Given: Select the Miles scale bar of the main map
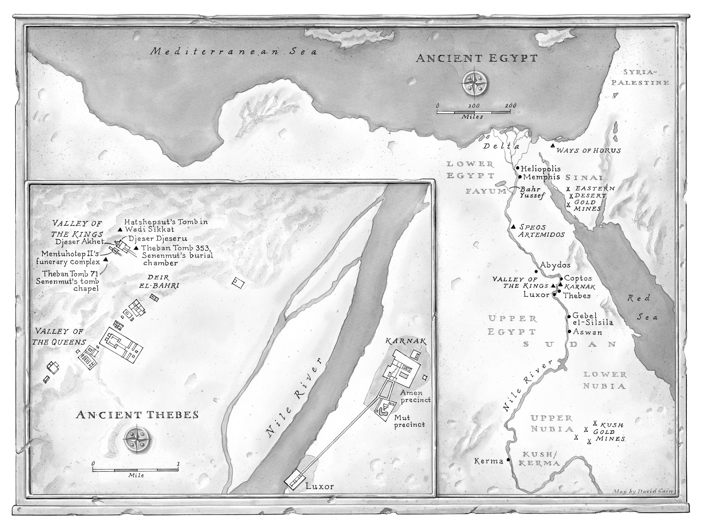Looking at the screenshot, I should tap(474, 112).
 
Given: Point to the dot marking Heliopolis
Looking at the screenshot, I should tap(517, 168).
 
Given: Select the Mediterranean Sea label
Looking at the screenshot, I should tap(234, 51).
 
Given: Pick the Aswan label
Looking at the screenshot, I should tap(587, 332).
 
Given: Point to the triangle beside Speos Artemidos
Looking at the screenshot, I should tap(514, 226).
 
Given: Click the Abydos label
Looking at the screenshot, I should tap(555, 265).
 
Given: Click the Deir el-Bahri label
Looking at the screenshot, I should tap(159, 281).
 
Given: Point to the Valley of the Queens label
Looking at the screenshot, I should tap(60, 337).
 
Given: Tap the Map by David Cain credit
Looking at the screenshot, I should tap(643, 491).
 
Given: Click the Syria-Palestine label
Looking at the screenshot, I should tap(640, 77).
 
